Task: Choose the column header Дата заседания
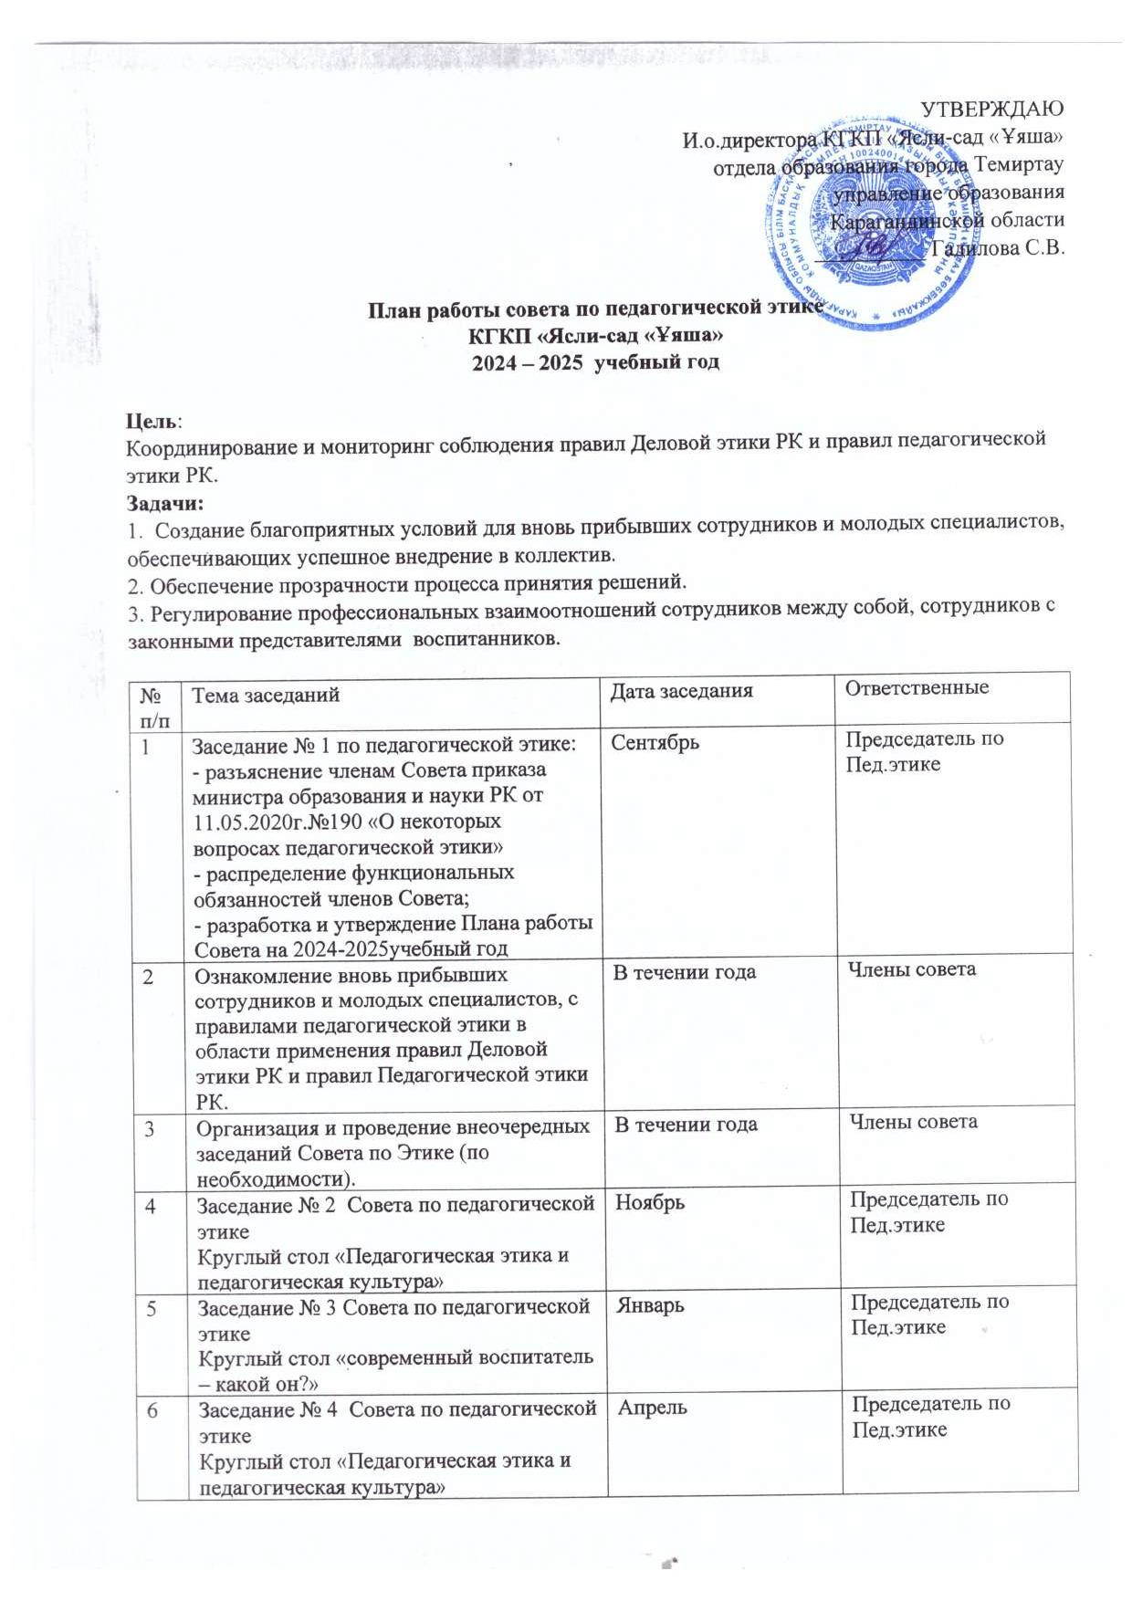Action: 681,691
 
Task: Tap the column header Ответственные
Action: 916,687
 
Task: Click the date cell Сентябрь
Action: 655,742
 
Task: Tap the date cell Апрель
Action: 653,1408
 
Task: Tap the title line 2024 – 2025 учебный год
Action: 594,361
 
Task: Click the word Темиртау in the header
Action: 1019,165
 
